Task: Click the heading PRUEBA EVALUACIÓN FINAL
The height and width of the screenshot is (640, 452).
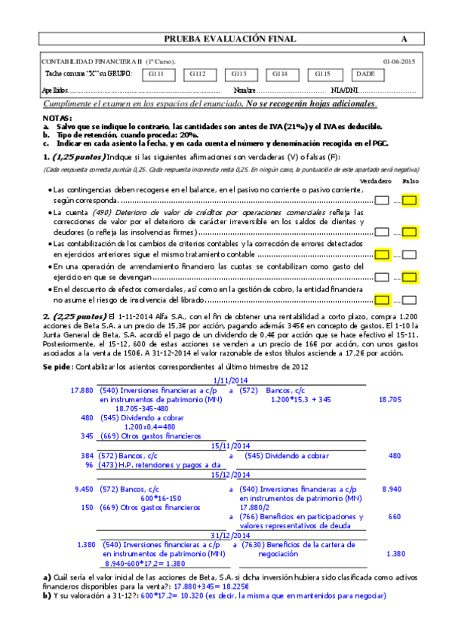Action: coord(230,39)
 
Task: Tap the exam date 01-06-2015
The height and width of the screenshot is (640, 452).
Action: coord(398,61)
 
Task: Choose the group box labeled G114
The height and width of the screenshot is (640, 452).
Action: coord(280,74)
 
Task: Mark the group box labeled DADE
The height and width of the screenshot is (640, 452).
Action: coord(365,74)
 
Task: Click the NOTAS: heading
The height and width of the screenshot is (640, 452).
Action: coord(57,118)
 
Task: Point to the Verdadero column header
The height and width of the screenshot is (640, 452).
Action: coord(375,182)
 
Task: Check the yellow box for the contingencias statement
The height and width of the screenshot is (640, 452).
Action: coord(410,201)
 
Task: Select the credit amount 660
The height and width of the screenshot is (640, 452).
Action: coord(394,517)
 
